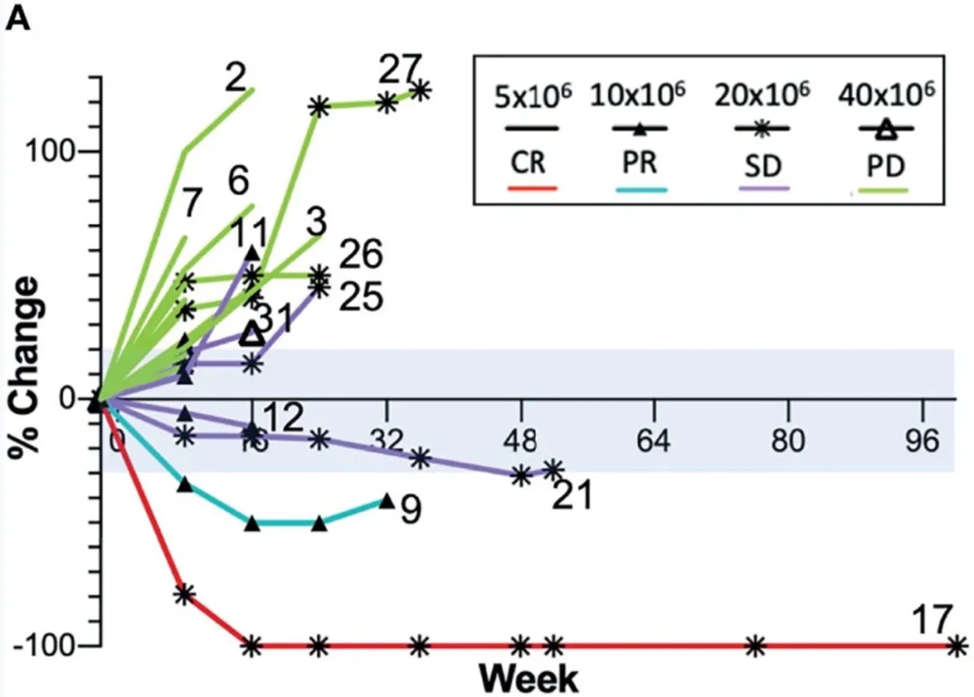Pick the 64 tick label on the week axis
click(654, 441)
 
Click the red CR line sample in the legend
click(533, 188)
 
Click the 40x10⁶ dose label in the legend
click(885, 94)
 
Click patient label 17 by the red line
click(931, 620)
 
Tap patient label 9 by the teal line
click(410, 511)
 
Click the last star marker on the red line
click(957, 646)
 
